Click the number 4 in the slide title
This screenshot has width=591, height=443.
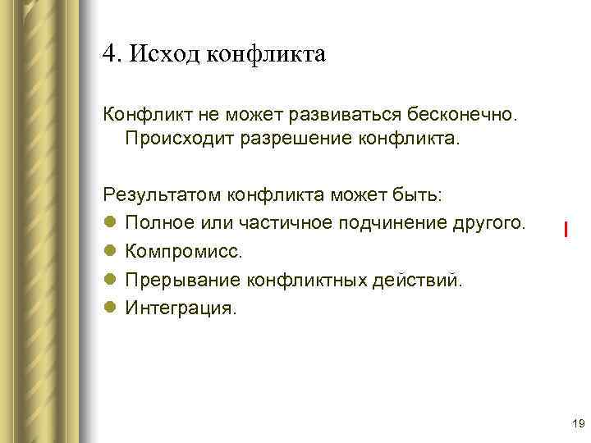click(109, 54)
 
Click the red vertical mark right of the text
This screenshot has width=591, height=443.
click(566, 229)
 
